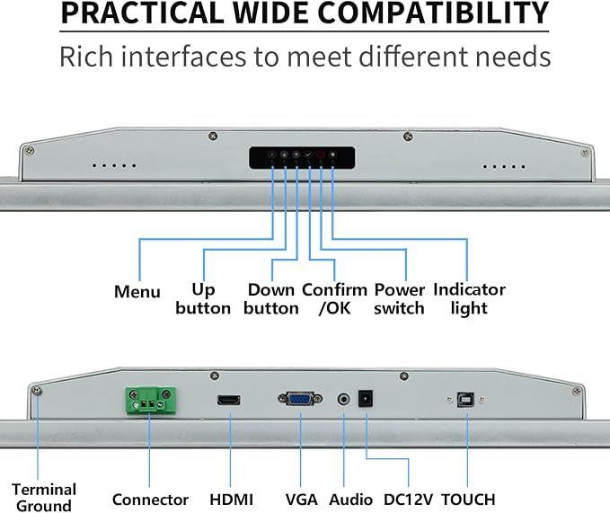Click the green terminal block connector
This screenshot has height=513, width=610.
150,400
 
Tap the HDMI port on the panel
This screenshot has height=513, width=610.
229,400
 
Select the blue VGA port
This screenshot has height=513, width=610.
300,399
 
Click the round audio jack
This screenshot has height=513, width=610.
343,399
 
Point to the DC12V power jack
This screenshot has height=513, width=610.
366,399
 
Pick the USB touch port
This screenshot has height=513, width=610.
465,400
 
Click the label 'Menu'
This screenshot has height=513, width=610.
137,291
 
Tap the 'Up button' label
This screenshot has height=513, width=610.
203,298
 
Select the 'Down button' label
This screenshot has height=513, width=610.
271,298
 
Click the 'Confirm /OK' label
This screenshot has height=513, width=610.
334,298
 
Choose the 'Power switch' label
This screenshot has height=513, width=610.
400,298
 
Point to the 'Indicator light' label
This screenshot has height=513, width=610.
470,298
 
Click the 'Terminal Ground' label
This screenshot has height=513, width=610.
44,498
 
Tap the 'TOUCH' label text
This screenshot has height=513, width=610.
468,500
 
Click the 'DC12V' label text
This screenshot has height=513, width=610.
408,500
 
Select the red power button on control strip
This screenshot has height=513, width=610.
320,155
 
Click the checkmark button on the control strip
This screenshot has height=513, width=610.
308,155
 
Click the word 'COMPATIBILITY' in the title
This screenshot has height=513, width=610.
433,13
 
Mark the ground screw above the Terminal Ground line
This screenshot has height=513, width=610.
37,391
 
